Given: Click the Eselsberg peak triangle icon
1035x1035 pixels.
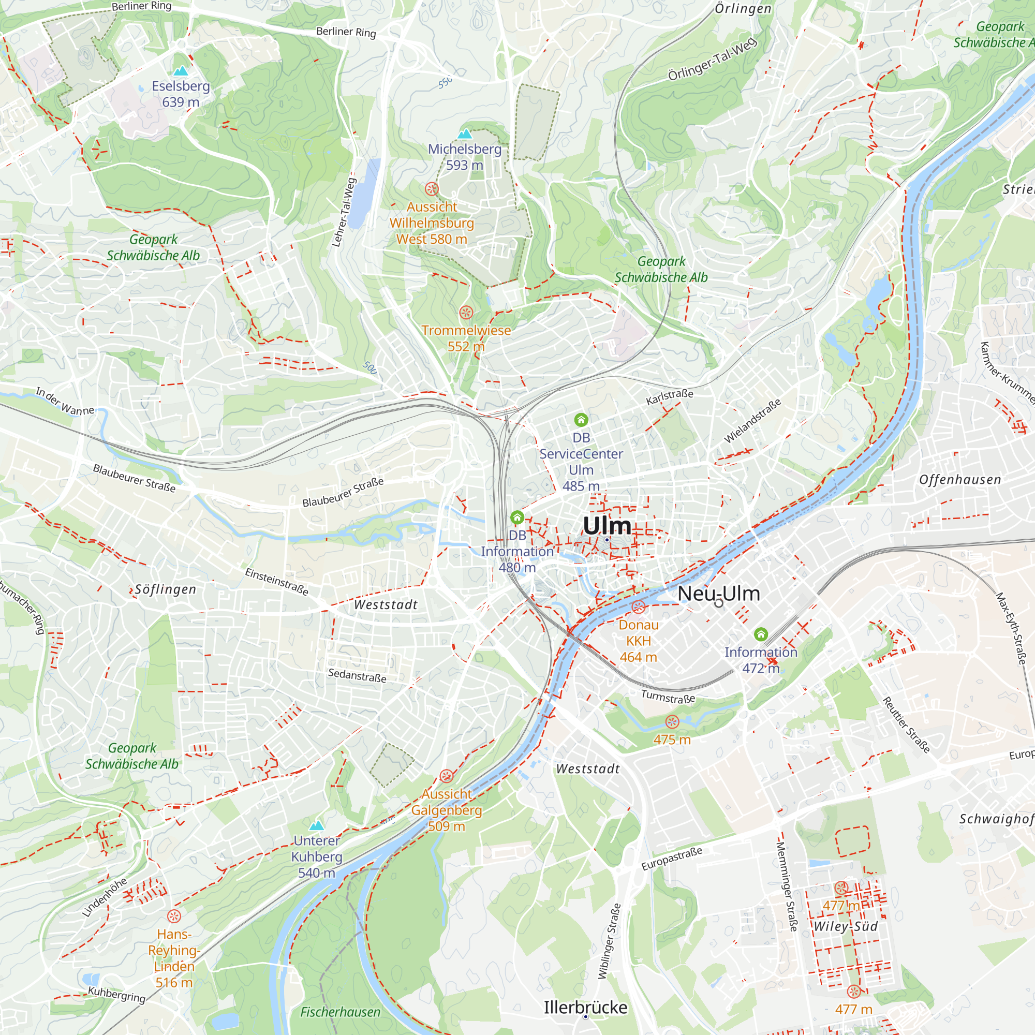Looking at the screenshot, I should click(181, 71).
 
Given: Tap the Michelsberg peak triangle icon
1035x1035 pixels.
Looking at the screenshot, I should click(465, 134).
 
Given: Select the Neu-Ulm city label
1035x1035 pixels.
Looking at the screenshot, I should click(718, 594).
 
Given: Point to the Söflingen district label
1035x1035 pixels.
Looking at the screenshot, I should click(165, 590).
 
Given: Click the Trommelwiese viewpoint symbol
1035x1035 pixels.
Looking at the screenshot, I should click(466, 313).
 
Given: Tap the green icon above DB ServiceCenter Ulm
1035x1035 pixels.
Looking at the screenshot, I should click(581, 420).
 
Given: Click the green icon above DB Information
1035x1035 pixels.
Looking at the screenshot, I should click(517, 517).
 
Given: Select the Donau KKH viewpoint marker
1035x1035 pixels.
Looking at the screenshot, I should click(638, 607).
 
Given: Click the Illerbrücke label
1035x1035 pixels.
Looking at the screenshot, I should click(585, 1008).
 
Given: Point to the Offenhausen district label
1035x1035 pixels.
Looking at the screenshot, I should click(959, 480).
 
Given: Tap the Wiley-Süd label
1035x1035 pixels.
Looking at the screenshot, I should click(846, 927).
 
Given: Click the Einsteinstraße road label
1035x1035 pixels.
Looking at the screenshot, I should click(277, 582).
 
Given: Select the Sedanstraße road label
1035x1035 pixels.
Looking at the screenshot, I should click(357, 675).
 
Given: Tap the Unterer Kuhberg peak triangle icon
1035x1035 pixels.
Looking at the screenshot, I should click(317, 825).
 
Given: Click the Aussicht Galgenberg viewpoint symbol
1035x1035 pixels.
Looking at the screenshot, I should click(446, 776).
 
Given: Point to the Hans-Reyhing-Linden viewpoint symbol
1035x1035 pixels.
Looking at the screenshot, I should click(173, 916).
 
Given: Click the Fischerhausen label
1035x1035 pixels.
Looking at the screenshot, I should click(339, 1012).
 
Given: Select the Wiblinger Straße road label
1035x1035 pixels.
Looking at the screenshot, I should click(609, 941).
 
